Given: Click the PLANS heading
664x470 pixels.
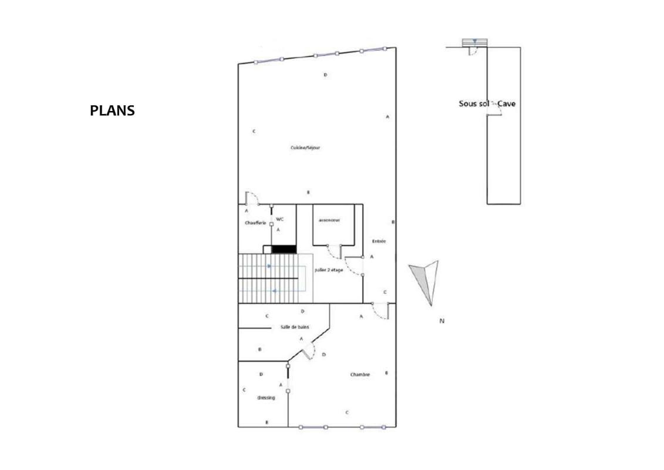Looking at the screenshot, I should tap(112, 110).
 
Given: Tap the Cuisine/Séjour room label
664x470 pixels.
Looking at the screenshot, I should tap(305, 148).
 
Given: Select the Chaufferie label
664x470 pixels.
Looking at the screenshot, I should tap(255, 223).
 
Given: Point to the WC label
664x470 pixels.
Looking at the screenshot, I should tap(280, 219).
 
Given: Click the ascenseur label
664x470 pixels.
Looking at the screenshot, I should tap(329, 220).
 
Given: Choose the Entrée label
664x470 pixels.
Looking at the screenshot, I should tap(379, 241).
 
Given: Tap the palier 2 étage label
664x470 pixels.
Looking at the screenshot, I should tap(329, 270).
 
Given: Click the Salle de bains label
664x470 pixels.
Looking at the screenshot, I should tap(295, 327).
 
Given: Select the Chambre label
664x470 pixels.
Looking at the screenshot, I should tap(360, 374).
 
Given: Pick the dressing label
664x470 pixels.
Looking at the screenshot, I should tap(266, 398).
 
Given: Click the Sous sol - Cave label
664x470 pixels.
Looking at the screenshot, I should tap(487, 103).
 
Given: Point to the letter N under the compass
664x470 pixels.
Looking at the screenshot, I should tap(441, 321).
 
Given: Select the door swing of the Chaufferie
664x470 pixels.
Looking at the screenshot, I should tap(252, 198).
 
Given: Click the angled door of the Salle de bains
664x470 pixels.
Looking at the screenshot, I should tap(309, 351).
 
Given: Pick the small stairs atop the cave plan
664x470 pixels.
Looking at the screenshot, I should tap(474, 42).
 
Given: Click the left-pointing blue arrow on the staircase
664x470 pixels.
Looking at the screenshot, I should tap(275, 290).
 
